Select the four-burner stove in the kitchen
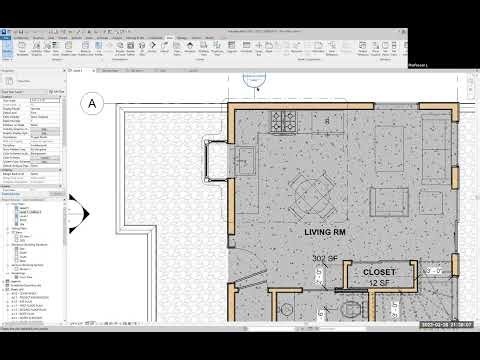[282, 124]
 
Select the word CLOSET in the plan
[380, 271]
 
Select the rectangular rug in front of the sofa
[385, 150]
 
